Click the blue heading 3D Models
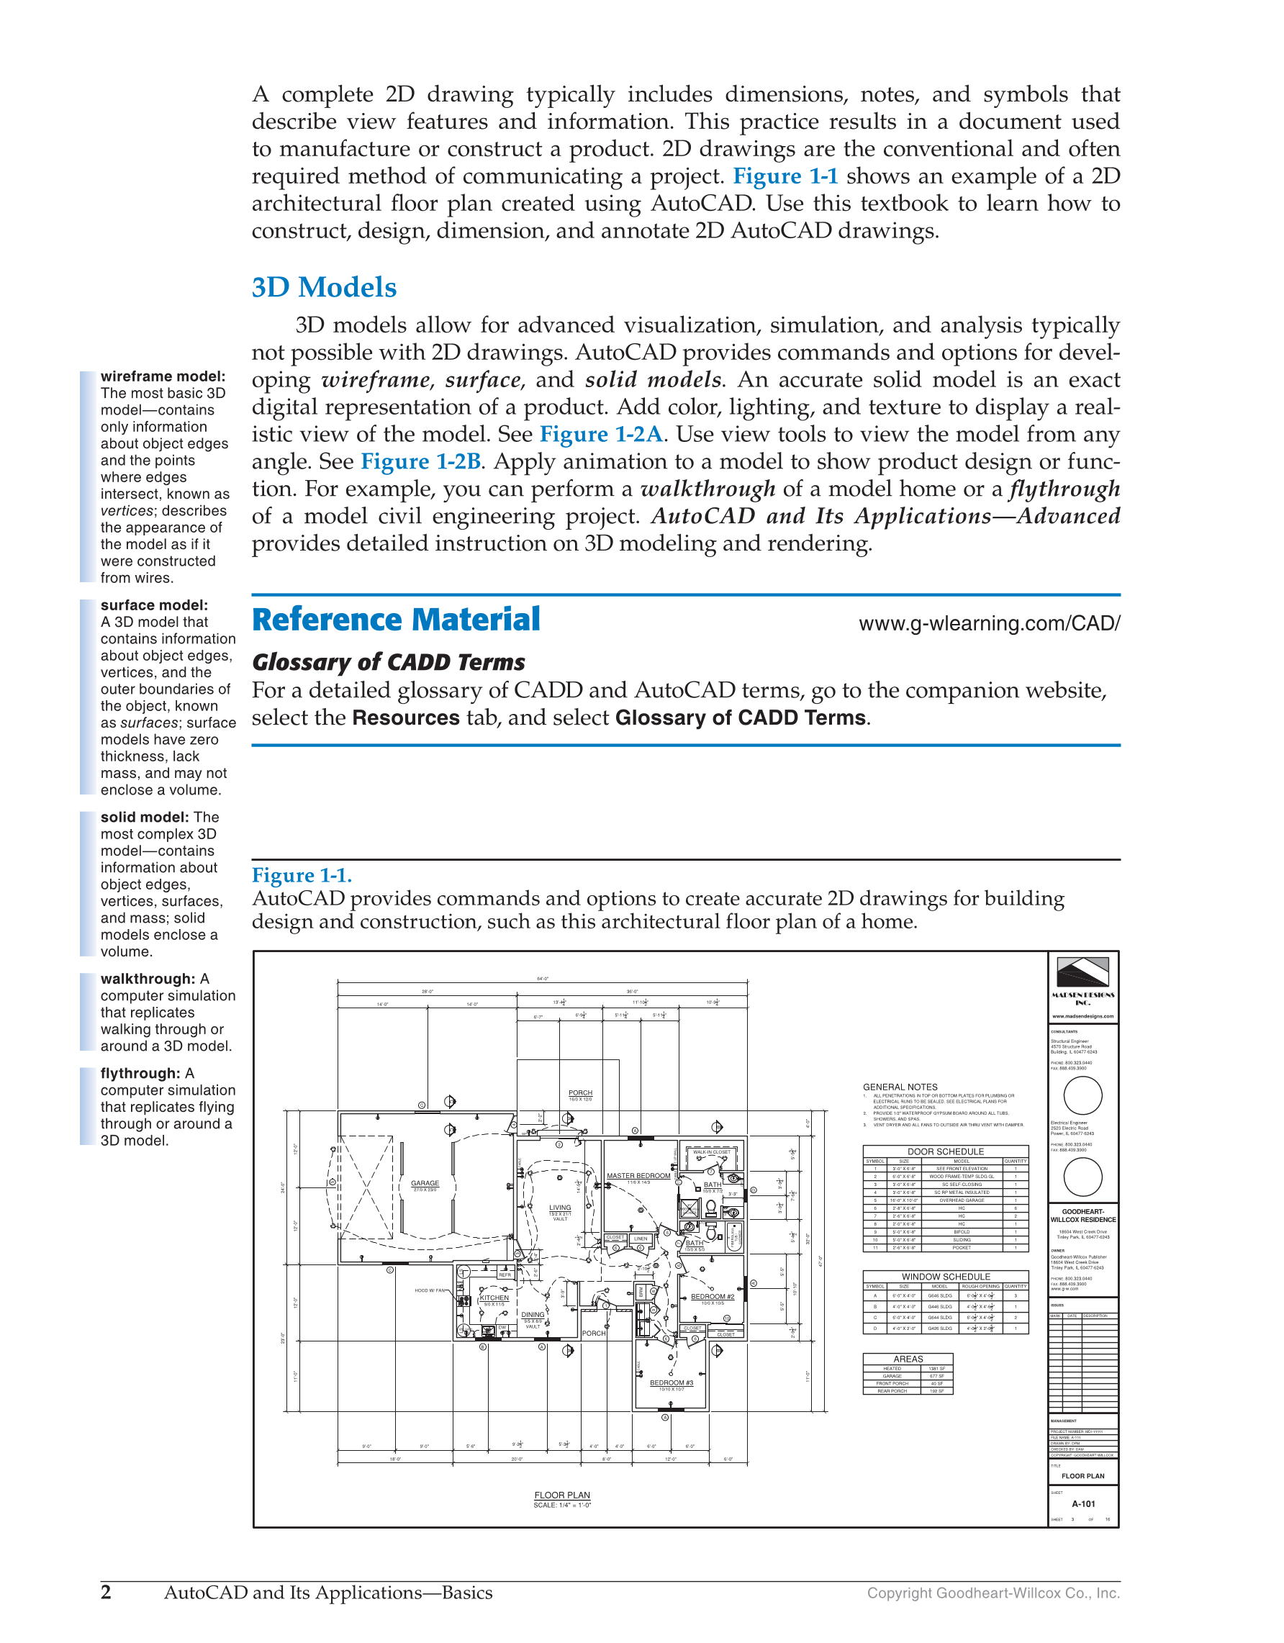pos(323,287)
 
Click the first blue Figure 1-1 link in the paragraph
pos(785,176)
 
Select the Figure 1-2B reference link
pos(420,461)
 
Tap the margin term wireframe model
pos(163,376)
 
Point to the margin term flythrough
pos(140,1074)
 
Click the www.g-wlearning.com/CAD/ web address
pos(989,623)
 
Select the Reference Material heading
pos(396,620)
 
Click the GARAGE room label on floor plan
pos(425,1183)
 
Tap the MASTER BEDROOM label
pos(638,1176)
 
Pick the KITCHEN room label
pos(494,1298)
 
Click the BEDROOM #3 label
pos(671,1382)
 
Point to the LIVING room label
pos(560,1208)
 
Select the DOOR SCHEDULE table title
pos(945,1151)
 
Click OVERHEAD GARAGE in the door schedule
pos(961,1200)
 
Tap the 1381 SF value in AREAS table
pos(936,1368)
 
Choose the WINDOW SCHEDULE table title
pos(945,1277)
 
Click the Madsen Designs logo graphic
pos(1082,972)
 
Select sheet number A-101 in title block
pos(1083,1504)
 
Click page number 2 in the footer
pos(106,1592)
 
